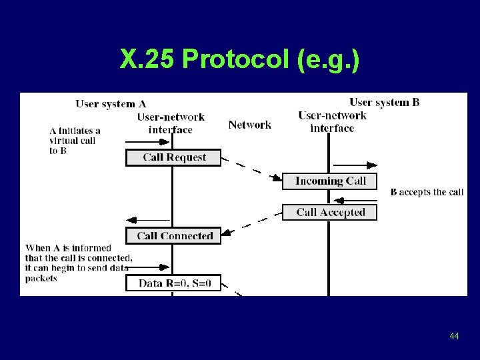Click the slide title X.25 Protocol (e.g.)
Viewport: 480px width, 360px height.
(240, 60)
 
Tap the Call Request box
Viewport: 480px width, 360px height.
(173, 157)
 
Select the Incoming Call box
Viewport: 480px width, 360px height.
(329, 181)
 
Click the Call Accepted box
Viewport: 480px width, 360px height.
(329, 212)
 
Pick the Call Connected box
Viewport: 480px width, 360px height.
(173, 235)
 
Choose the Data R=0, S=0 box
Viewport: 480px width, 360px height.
(173, 283)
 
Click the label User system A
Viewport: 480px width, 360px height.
(111, 103)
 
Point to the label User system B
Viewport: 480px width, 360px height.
(384, 102)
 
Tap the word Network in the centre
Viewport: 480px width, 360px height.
(249, 125)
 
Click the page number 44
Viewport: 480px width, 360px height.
(454, 336)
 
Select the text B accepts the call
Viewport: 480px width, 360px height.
(427, 192)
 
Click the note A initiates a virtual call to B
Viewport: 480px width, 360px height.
(74, 141)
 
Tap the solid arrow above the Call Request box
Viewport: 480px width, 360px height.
(148, 141)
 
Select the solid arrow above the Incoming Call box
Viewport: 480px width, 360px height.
(355, 165)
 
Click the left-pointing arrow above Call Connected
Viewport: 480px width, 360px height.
(148, 219)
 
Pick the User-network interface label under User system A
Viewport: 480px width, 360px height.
(171, 123)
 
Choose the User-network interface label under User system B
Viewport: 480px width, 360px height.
(332, 121)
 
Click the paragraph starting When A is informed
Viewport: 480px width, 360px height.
(77, 263)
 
